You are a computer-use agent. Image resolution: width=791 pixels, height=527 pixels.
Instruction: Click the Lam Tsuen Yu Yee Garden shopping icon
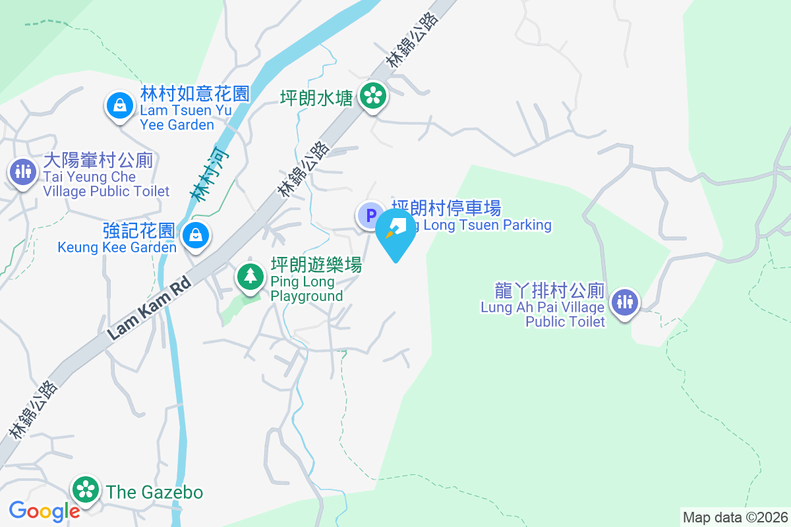pyautogui.click(x=119, y=105)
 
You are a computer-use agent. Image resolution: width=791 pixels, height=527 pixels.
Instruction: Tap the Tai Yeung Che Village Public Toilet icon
pyautogui.click(x=23, y=172)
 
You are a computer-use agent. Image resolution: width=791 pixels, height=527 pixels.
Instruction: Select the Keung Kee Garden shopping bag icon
pyautogui.click(x=196, y=234)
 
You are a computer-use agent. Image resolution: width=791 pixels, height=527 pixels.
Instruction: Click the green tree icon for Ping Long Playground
pyautogui.click(x=250, y=276)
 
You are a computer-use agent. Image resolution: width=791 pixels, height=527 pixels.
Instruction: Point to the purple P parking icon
pyautogui.click(x=370, y=215)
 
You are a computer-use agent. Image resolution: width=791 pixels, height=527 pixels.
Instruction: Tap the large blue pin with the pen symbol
pyautogui.click(x=396, y=233)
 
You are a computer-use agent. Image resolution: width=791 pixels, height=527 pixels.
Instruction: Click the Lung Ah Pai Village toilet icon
pyautogui.click(x=624, y=302)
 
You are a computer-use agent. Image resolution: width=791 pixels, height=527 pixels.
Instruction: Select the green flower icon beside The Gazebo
pyautogui.click(x=86, y=489)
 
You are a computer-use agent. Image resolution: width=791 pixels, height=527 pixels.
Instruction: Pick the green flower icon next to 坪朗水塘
pyautogui.click(x=374, y=96)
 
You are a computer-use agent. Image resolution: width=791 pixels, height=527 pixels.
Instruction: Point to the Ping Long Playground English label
pyautogui.click(x=307, y=289)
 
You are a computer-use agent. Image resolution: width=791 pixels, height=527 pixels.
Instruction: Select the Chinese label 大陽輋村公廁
pyautogui.click(x=98, y=160)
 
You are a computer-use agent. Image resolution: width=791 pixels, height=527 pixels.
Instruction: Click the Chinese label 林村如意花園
pyautogui.click(x=195, y=94)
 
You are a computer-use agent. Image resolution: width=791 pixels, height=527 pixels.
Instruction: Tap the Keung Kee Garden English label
pyautogui.click(x=117, y=248)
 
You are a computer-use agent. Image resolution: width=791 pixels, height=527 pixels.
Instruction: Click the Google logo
pyautogui.click(x=44, y=511)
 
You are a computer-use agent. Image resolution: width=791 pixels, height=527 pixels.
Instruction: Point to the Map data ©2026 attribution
pyautogui.click(x=735, y=517)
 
